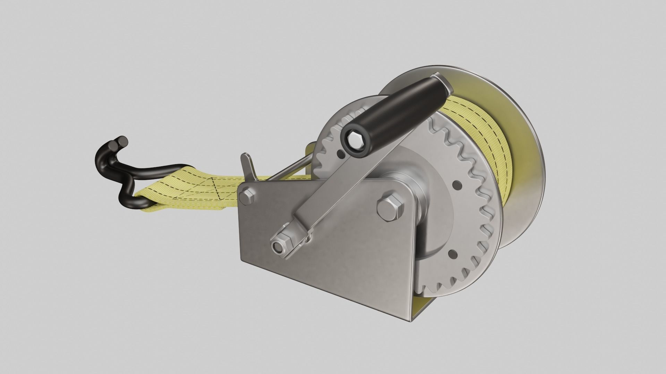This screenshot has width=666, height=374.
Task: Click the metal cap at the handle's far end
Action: coord(442,83)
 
